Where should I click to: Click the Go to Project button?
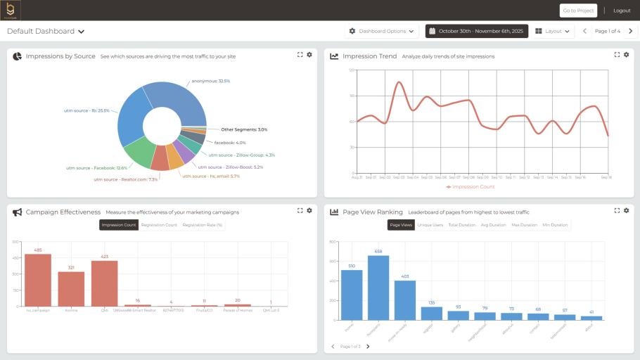[578, 11]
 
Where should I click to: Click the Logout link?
[622, 11]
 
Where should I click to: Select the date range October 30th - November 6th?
[476, 32]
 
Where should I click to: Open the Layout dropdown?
[553, 32]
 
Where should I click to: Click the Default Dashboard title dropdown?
[46, 32]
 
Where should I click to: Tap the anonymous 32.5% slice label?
[210, 81]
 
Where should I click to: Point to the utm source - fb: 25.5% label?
[87, 110]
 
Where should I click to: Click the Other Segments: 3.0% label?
[243, 129]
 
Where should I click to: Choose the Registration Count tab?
[159, 225]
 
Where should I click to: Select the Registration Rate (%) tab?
[203, 225]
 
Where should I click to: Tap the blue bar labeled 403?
[404, 300]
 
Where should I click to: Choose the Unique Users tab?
[430, 225]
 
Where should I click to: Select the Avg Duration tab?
[493, 225]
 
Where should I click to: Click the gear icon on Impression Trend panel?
[627, 55]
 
